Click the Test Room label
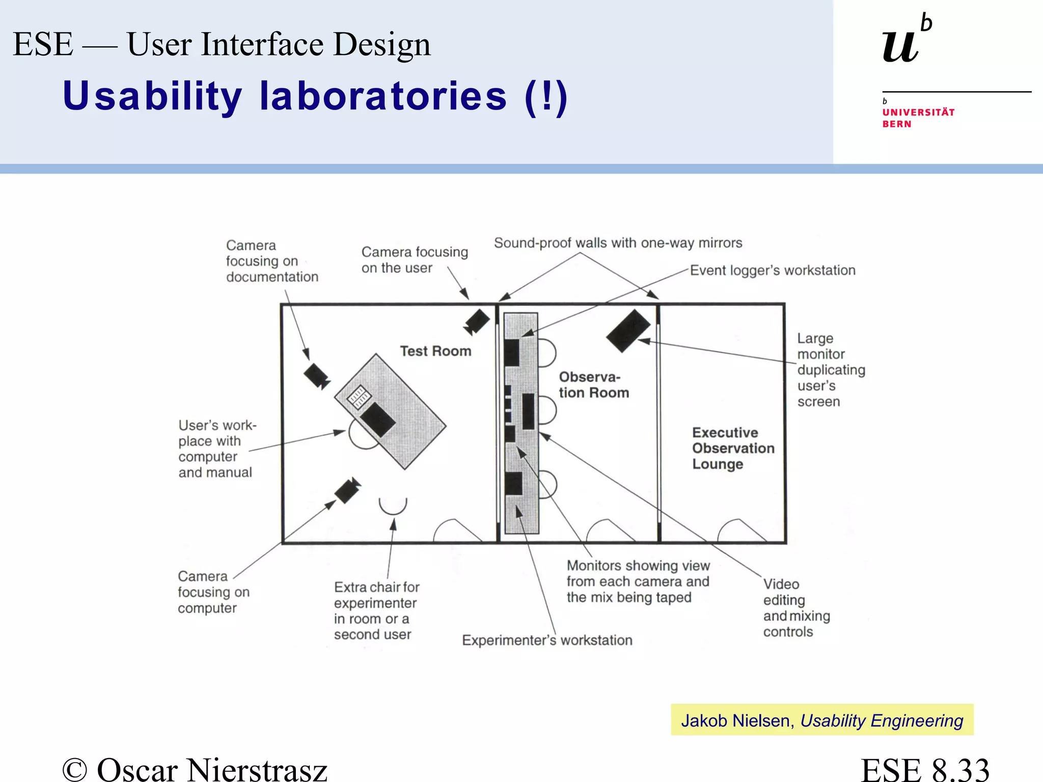[435, 351]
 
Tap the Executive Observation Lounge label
[733, 448]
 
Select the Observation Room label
[594, 385]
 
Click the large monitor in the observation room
[628, 330]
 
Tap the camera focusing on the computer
[347, 490]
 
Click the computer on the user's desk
[378, 419]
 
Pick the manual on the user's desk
[358, 396]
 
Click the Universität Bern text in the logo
[918, 118]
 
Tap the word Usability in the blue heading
[152, 96]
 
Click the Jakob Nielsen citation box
[822, 720]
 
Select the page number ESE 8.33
[925, 769]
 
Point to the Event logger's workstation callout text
[773, 270]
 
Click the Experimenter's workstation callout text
[547, 640]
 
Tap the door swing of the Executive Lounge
[739, 530]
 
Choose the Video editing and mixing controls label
[796, 608]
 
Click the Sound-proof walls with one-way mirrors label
[618, 243]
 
